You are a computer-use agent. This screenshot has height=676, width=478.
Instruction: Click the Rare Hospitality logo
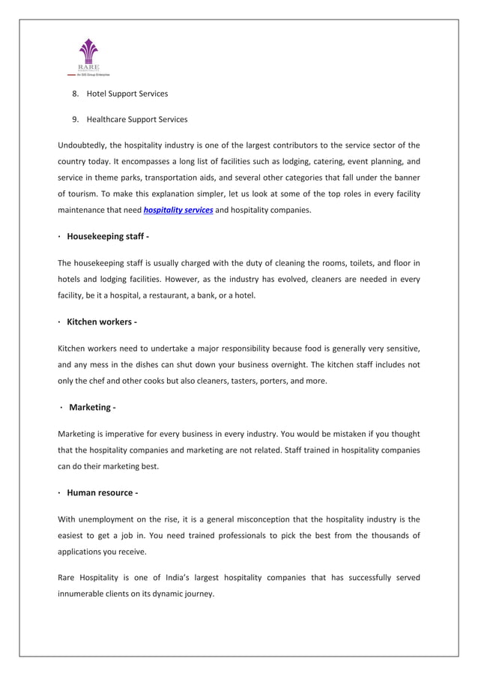pyautogui.click(x=89, y=58)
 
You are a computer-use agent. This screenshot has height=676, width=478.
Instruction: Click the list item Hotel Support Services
pyautogui.click(x=127, y=94)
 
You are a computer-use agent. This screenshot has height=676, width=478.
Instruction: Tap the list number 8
pyautogui.click(x=75, y=94)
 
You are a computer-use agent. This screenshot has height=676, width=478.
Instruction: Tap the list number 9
pyautogui.click(x=75, y=119)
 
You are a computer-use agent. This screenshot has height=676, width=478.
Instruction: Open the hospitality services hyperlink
pyautogui.click(x=178, y=210)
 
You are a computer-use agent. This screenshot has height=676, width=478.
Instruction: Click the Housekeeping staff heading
pyautogui.click(x=108, y=236)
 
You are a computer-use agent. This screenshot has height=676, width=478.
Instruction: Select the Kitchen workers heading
pyautogui.click(x=101, y=322)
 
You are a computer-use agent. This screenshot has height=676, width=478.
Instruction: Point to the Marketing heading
pyautogui.click(x=92, y=407)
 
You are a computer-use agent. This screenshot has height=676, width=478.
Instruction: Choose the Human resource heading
pyautogui.click(x=102, y=492)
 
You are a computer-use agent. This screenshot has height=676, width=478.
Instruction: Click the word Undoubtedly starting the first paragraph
pyautogui.click(x=84, y=145)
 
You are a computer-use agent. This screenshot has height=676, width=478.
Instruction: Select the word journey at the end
pyautogui.click(x=197, y=594)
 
